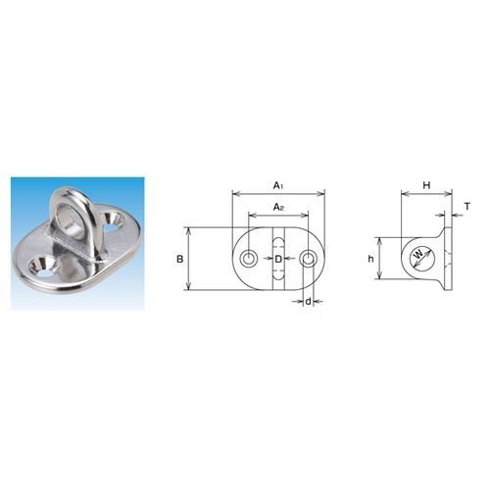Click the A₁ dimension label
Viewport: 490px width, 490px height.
(x=278, y=186)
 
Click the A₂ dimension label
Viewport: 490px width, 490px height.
(x=278, y=207)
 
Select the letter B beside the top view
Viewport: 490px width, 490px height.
(x=180, y=260)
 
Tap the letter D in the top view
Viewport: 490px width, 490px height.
(x=278, y=260)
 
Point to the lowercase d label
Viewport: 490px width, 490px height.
(x=308, y=302)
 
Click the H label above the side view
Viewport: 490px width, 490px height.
(x=426, y=185)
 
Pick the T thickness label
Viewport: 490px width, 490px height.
(x=467, y=207)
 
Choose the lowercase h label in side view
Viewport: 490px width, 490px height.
(x=370, y=259)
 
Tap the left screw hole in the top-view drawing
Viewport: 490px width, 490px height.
(x=249, y=259)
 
